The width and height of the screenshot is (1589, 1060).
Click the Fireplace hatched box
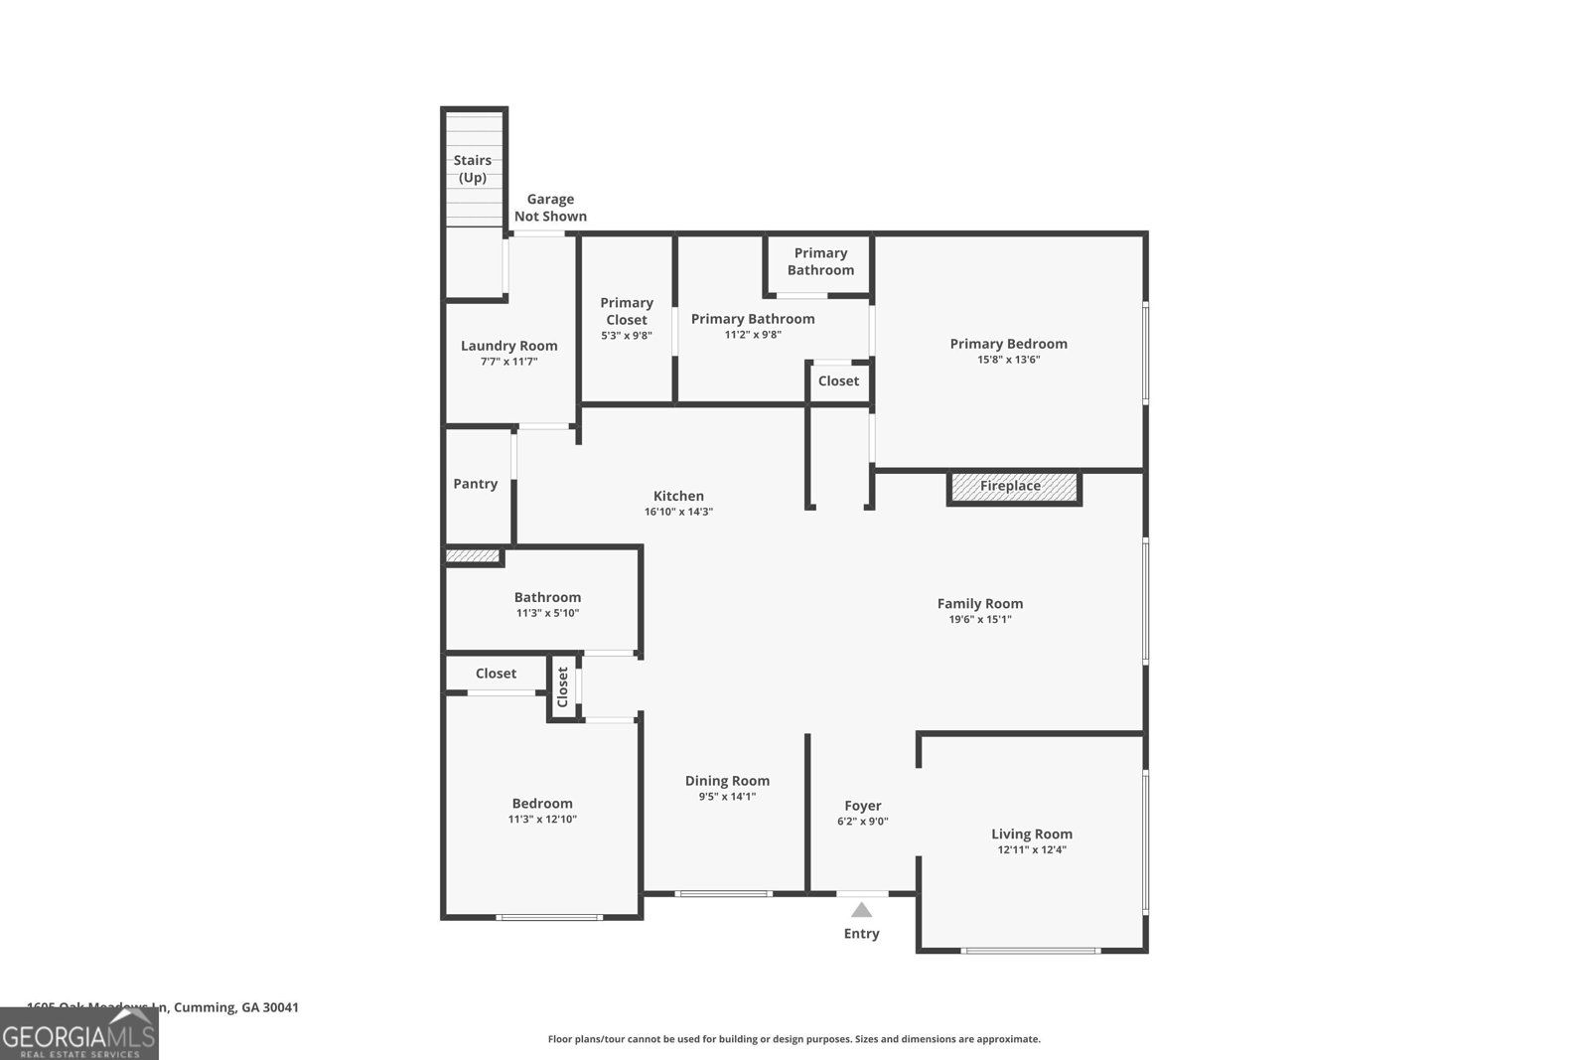point(1013,487)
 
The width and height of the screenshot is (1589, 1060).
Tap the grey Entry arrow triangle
point(861,910)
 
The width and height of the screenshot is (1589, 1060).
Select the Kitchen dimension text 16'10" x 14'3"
point(678,513)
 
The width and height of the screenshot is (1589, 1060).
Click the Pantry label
point(475,484)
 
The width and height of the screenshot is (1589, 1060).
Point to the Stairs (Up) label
point(473,169)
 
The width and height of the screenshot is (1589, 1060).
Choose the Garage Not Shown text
point(550,208)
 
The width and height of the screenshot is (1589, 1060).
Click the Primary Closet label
point(627,311)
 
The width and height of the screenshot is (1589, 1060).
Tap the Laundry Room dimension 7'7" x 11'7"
point(508,363)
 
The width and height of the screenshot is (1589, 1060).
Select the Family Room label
point(979,603)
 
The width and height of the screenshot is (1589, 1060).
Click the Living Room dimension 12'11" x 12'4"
point(1031,850)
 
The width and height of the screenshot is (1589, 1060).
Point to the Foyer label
point(862,806)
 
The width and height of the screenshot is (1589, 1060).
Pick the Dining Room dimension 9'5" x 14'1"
point(727,797)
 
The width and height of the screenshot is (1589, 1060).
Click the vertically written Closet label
point(563,686)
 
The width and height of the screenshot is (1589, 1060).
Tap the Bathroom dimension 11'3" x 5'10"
point(547,614)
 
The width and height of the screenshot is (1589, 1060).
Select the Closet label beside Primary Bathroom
point(838,381)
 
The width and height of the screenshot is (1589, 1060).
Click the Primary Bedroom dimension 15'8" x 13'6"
point(1008,360)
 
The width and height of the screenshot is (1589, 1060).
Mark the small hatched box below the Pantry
point(472,556)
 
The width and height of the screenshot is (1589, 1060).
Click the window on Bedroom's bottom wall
point(549,917)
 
